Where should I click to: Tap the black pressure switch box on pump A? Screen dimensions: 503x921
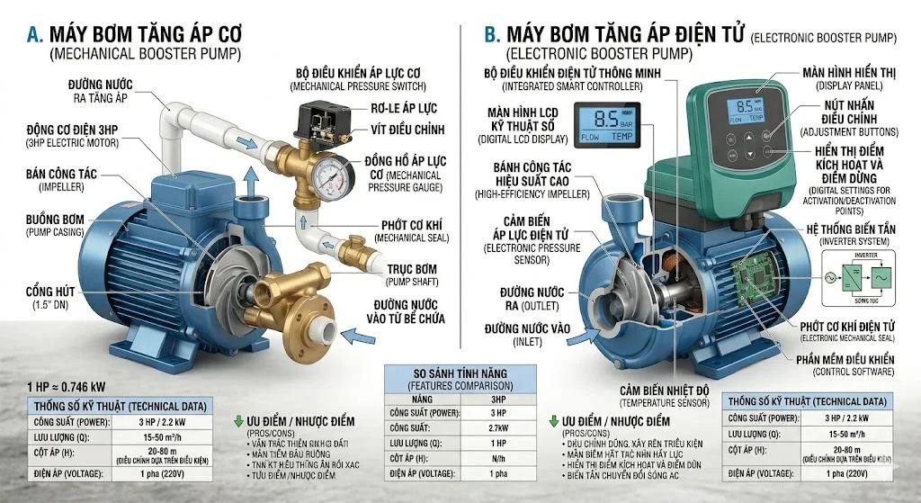pos(326,120)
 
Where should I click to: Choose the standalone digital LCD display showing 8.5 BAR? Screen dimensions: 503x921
pos(607,124)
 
